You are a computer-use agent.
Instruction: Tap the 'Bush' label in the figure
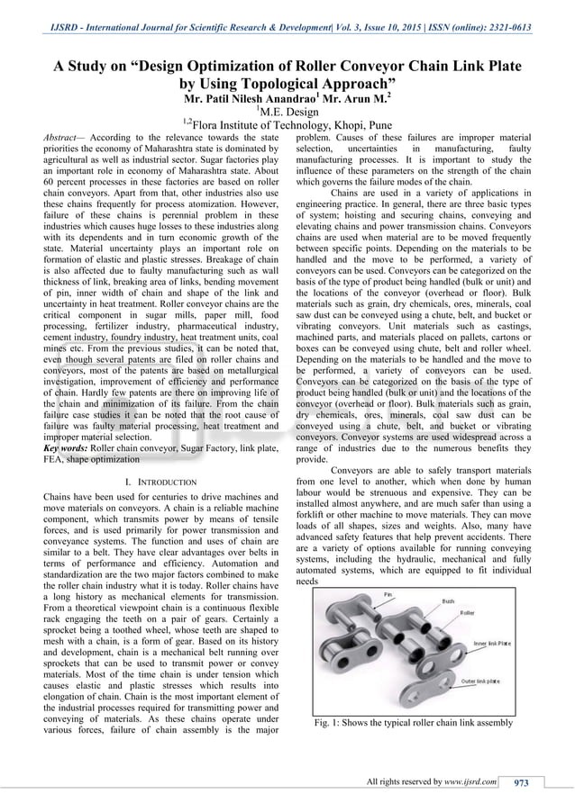(448, 600)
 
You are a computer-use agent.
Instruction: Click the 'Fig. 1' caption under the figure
(414, 723)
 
